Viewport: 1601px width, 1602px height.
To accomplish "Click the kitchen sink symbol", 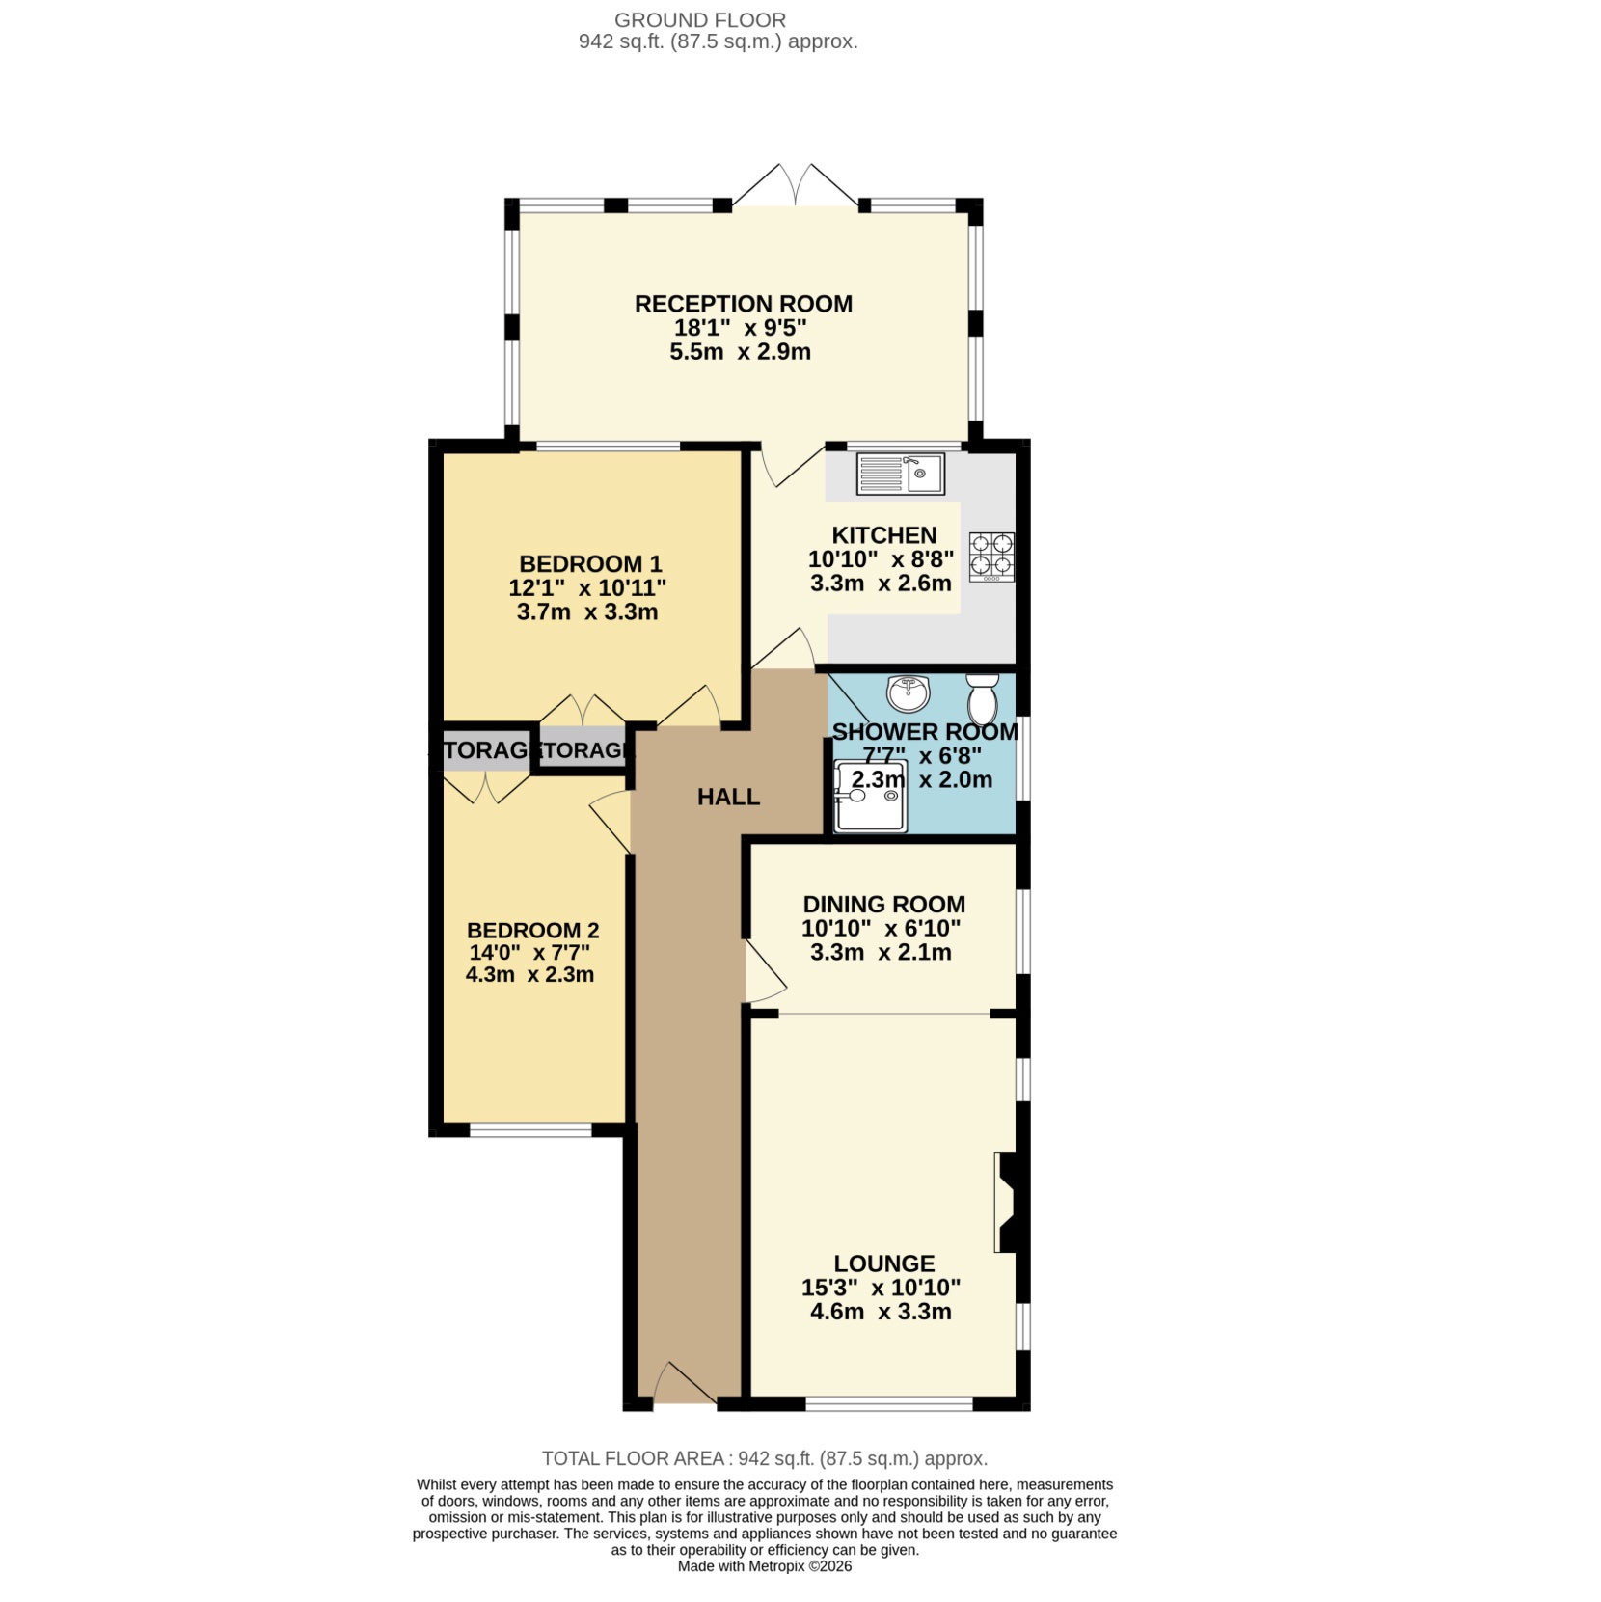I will point(900,474).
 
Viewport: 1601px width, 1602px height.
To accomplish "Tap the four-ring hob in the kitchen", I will point(991,557).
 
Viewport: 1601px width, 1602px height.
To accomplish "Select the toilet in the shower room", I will point(982,698).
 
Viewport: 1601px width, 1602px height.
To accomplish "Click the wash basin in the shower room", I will point(908,692).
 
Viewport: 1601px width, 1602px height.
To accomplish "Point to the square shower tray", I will point(870,796).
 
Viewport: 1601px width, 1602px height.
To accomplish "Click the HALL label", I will point(728,797).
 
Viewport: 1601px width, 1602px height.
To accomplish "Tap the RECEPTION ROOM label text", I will point(743,304).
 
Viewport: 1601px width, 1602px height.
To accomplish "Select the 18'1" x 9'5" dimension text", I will point(740,328).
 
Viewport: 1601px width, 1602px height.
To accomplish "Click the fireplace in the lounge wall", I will point(1008,1202).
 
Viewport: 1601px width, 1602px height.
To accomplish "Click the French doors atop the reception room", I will point(795,188).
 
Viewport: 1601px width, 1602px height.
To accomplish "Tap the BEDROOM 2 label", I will point(532,931).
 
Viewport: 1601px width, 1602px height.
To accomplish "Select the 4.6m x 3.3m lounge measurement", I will point(881,1312).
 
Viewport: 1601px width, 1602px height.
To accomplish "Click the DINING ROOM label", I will point(883,905).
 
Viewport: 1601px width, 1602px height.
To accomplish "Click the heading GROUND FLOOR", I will point(700,20).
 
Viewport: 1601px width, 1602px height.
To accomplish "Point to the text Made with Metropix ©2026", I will point(764,1566).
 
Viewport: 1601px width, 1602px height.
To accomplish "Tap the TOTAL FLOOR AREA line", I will point(764,1458).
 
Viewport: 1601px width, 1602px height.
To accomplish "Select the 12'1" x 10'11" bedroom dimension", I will point(587,587).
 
